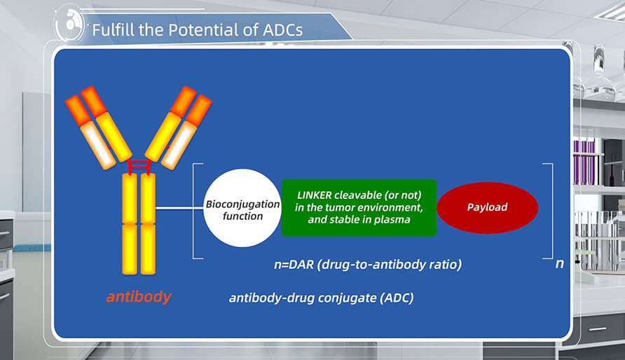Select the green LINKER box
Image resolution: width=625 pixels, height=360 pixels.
359,207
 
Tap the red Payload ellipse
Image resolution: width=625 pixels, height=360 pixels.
487,207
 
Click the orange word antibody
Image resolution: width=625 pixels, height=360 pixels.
138,297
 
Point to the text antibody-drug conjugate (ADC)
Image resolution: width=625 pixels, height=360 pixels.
321,298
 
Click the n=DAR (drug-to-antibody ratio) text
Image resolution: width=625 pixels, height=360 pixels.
367,265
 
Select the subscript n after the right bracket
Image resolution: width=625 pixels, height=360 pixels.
558,265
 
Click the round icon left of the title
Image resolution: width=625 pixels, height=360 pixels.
71,27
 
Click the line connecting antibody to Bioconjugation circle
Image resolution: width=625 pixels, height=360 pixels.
179,208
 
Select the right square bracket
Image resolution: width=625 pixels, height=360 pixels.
549,210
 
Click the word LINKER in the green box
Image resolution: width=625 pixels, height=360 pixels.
315,195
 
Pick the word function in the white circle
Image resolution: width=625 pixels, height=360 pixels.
242,216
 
